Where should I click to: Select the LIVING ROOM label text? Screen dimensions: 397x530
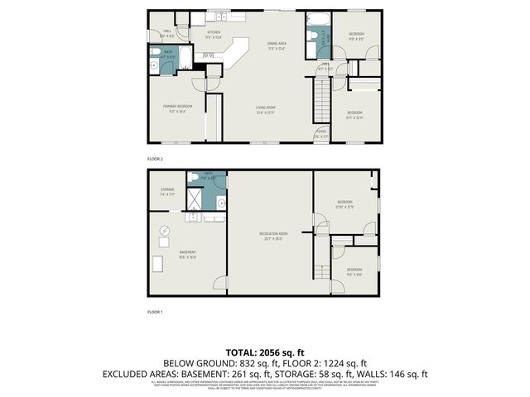click(266, 111)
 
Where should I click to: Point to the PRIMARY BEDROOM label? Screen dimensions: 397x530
click(178, 108)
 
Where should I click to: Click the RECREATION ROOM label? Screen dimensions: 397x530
click(272, 236)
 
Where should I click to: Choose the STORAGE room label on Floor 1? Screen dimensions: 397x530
click(167, 192)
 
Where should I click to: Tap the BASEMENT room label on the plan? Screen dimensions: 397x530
click(187, 254)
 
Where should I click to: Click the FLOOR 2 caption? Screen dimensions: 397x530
click(156, 158)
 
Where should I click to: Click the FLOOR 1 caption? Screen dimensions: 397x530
click(156, 312)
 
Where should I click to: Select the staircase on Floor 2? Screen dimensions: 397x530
click(320, 104)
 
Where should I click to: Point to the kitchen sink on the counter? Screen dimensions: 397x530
click(221, 17)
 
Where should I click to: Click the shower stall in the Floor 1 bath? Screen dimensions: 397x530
click(195, 200)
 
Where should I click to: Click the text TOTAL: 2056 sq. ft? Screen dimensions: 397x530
click(265, 352)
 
